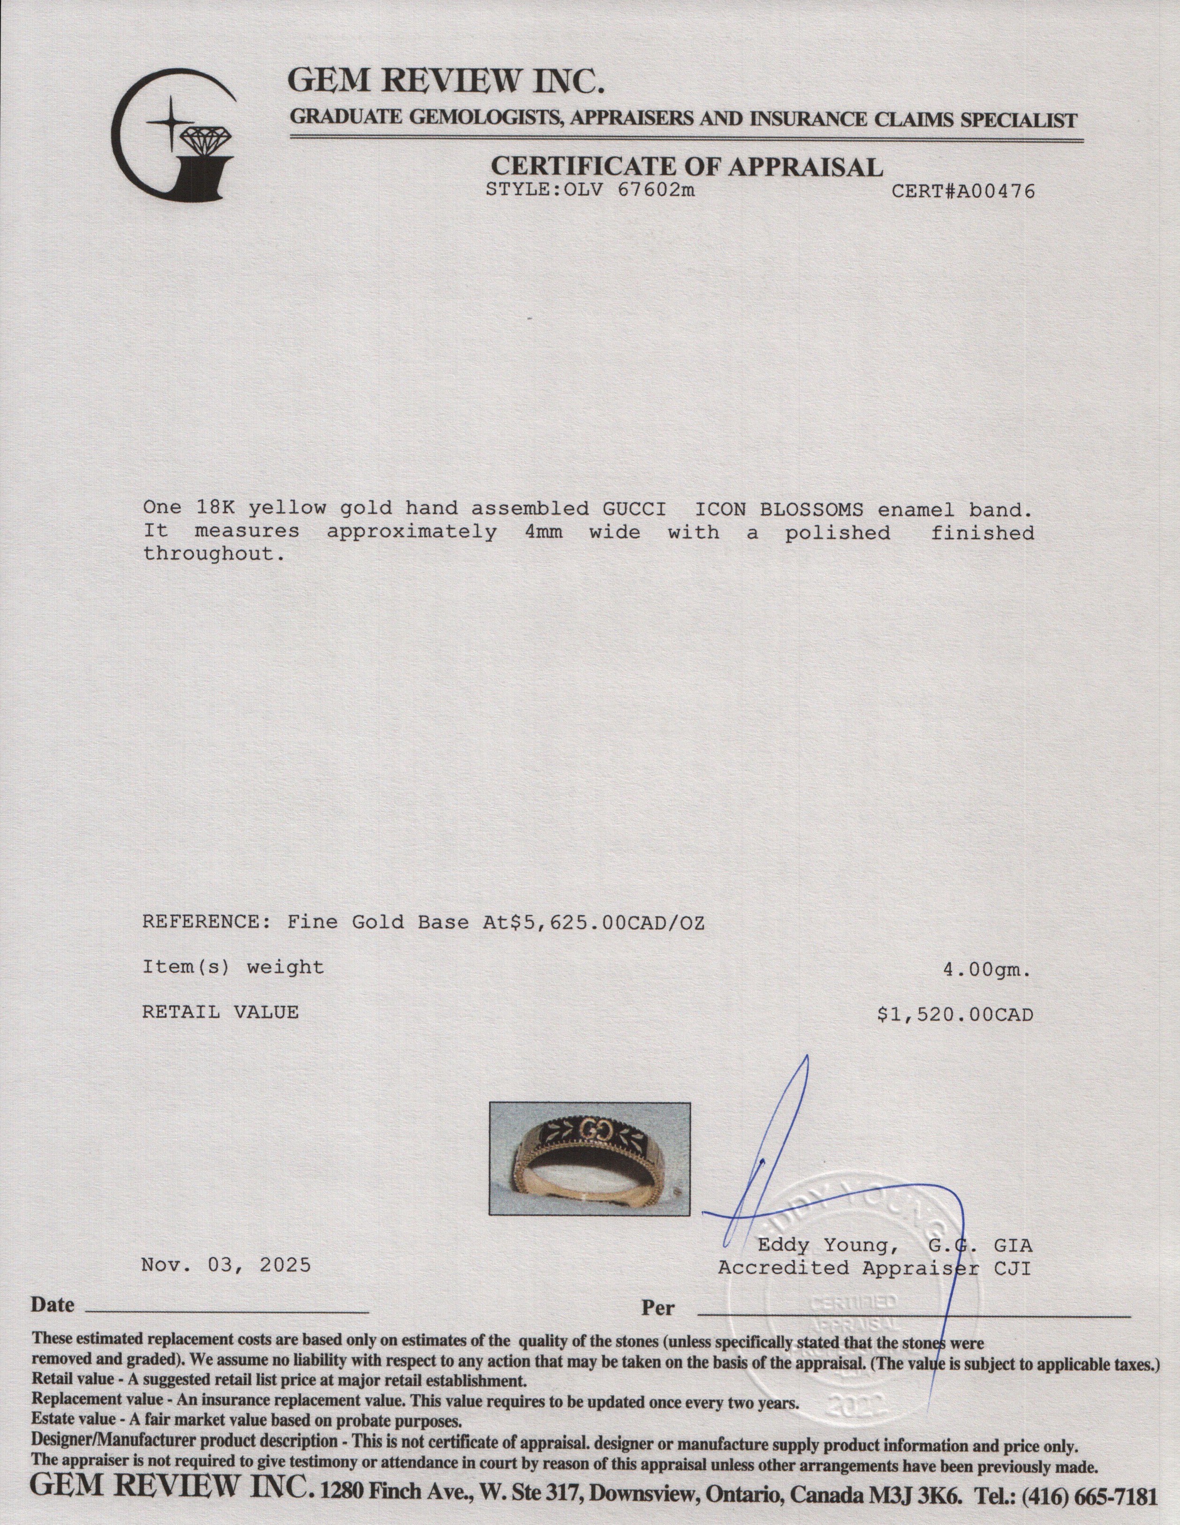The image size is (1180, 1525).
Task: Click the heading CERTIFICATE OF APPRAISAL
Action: [x=687, y=166]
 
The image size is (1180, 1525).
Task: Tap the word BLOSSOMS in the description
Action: [x=829, y=508]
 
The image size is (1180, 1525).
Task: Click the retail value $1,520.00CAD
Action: [x=955, y=1013]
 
